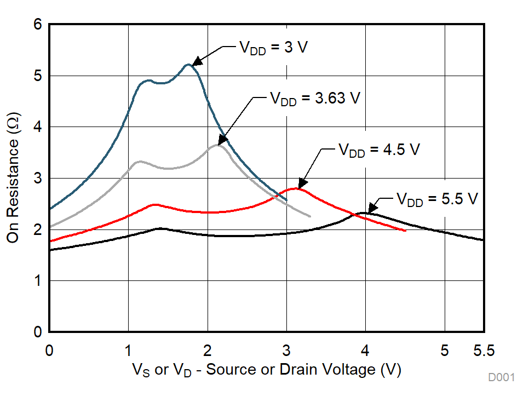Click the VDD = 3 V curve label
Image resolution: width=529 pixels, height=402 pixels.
pyautogui.click(x=272, y=48)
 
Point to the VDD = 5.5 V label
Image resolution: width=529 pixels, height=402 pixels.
pyautogui.click(x=438, y=199)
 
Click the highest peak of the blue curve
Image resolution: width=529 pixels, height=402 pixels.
pyautogui.click(x=188, y=65)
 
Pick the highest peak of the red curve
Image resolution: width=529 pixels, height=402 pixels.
pyautogui.click(x=296, y=188)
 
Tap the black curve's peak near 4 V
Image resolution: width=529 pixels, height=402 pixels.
pyautogui.click(x=363, y=213)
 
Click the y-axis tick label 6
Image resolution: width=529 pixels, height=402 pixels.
pyautogui.click(x=37, y=25)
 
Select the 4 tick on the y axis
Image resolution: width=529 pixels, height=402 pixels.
pyautogui.click(x=37, y=127)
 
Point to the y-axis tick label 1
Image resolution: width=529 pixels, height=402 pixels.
pyautogui.click(x=37, y=281)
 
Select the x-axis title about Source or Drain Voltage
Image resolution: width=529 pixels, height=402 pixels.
pyautogui.click(x=266, y=370)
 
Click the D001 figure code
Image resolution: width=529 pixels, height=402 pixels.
pyautogui.click(x=502, y=378)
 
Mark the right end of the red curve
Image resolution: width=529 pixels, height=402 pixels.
pyautogui.click(x=405, y=231)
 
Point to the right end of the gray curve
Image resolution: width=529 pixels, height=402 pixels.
pyautogui.click(x=310, y=216)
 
